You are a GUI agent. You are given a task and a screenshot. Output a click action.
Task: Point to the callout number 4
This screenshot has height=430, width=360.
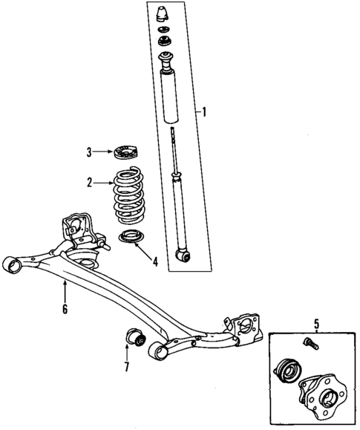[x=154, y=261]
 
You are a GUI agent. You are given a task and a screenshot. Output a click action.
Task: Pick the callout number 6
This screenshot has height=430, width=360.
[x=65, y=309]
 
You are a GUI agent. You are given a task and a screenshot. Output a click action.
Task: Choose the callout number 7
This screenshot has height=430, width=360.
[x=126, y=368]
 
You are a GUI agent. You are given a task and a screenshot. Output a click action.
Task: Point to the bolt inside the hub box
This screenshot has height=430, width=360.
[x=310, y=342]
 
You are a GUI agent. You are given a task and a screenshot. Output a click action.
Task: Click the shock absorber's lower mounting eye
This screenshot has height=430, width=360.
[x=183, y=255]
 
